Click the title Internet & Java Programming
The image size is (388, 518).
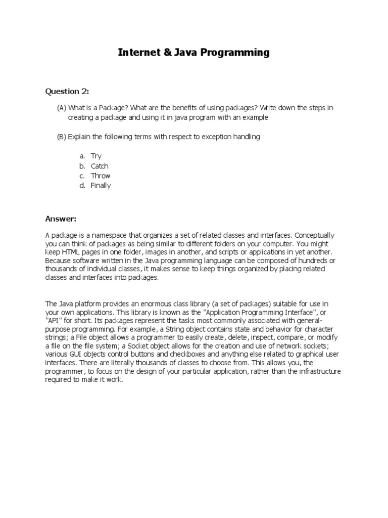click(194, 52)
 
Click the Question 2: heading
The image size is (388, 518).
click(67, 91)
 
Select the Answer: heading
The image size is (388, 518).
click(61, 219)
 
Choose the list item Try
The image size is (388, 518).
click(96, 156)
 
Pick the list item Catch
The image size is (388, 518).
click(100, 166)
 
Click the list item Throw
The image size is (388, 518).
click(100, 176)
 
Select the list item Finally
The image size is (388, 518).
click(101, 185)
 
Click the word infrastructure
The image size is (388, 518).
click(317, 371)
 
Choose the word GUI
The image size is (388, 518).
click(77, 354)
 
